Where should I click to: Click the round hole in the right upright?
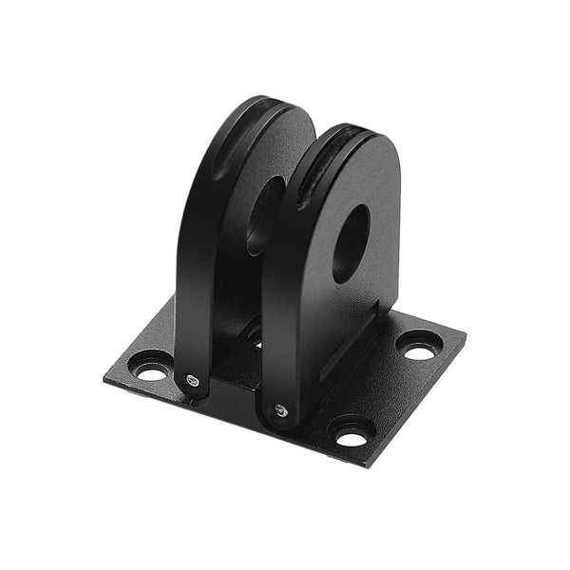point(350,243)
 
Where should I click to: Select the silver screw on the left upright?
point(193,380)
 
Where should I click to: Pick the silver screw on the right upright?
point(279,409)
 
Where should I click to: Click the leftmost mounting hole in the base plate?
point(151,370)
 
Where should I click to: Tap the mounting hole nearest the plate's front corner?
point(351,438)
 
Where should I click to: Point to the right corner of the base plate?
point(464,334)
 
